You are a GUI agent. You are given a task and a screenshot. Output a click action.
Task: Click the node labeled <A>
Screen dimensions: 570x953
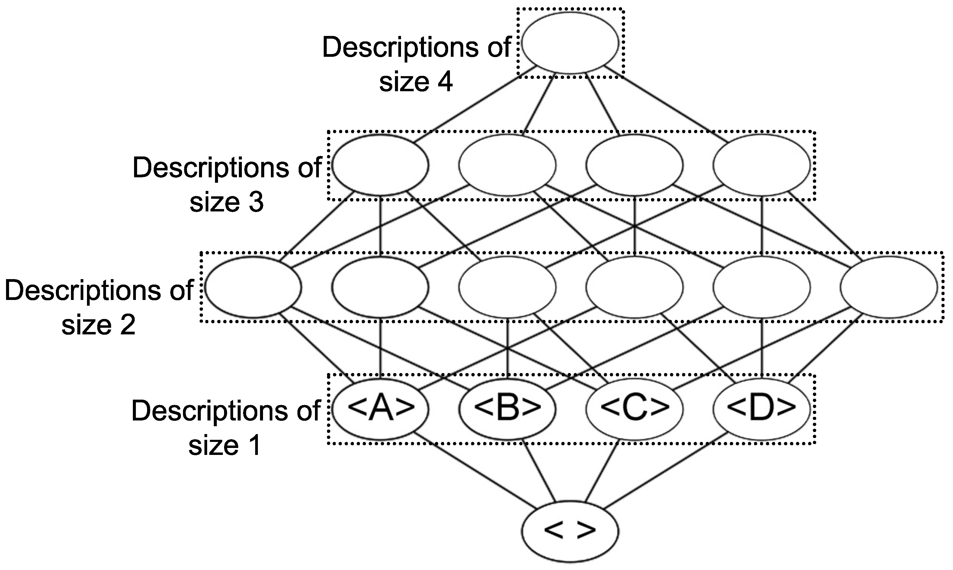click(x=380, y=409)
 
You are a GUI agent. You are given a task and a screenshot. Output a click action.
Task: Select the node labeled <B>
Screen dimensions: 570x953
click(x=507, y=409)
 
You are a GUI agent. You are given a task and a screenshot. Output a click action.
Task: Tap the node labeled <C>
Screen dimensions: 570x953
click(x=634, y=409)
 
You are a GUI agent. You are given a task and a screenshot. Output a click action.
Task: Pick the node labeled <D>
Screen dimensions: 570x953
click(x=761, y=409)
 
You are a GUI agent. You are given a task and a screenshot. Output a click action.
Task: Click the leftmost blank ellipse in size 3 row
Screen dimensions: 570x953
click(x=380, y=166)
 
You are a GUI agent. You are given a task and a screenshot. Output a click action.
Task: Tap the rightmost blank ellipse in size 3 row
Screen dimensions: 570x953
click(x=761, y=166)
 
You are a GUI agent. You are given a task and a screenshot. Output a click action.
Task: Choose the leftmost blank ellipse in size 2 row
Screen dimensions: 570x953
click(x=253, y=287)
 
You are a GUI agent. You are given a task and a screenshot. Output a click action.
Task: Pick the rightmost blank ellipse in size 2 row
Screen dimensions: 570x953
click(x=888, y=287)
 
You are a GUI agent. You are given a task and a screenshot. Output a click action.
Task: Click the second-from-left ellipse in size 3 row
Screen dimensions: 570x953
click(x=507, y=166)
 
